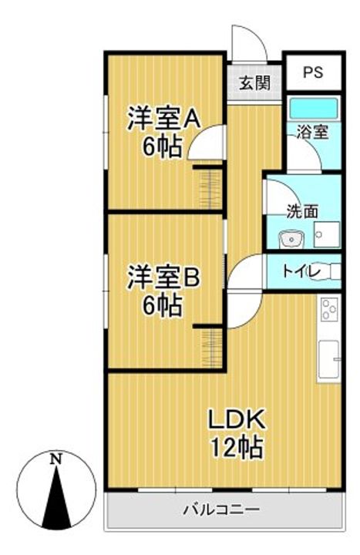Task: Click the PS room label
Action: pyautogui.click(x=313, y=72)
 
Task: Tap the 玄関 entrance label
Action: pyautogui.click(x=255, y=82)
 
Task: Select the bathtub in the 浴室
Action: pyautogui.click(x=314, y=109)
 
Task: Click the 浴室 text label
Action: pyautogui.click(x=312, y=132)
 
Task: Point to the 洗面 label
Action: pyautogui.click(x=302, y=211)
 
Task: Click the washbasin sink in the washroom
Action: pyautogui.click(x=291, y=240)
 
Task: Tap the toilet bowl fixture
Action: pyautogui.click(x=325, y=272)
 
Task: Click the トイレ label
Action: pyautogui.click(x=301, y=272)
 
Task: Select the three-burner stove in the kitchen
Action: pyautogui.click(x=329, y=309)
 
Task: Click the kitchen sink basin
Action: pyautogui.click(x=328, y=359)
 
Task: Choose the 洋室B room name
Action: pyautogui.click(x=163, y=277)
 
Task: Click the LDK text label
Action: pyautogui.click(x=237, y=419)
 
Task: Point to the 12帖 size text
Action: pyautogui.click(x=237, y=447)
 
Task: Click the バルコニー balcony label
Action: pyautogui.click(x=221, y=510)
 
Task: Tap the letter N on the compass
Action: pyautogui.click(x=56, y=459)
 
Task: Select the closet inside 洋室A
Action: pyautogui.click(x=210, y=190)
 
